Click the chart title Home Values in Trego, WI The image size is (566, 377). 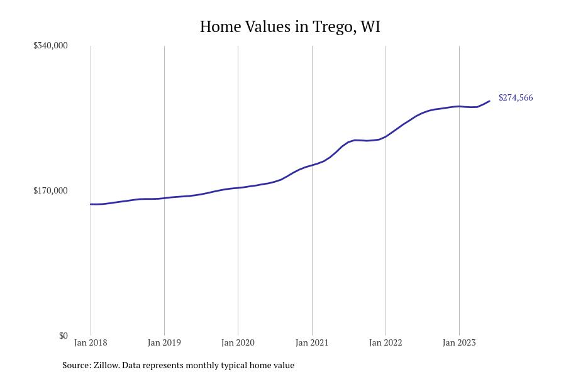pyautogui.click(x=290, y=27)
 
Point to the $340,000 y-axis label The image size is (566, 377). pyautogui.click(x=50, y=45)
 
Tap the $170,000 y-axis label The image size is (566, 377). pyautogui.click(x=50, y=190)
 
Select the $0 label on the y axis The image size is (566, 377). pyautogui.click(x=63, y=336)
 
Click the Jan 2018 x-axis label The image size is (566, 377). pyautogui.click(x=91, y=342)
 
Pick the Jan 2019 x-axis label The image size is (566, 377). pyautogui.click(x=164, y=342)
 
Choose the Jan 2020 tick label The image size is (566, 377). pyautogui.click(x=238, y=342)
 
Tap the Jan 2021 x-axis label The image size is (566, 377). pyautogui.click(x=312, y=342)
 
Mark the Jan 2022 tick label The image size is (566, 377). pyautogui.click(x=386, y=342)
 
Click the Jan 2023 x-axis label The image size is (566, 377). pyautogui.click(x=459, y=342)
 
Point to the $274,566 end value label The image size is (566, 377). pyautogui.click(x=516, y=97)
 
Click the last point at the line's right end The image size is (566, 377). pyautogui.click(x=489, y=101)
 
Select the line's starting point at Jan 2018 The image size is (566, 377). pyautogui.click(x=91, y=204)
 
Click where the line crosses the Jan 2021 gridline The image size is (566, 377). pyautogui.click(x=312, y=165)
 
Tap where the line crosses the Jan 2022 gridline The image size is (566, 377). pyautogui.click(x=386, y=136)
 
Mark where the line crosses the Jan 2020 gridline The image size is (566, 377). pyautogui.click(x=238, y=188)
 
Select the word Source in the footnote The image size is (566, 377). pyautogui.click(x=76, y=365)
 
